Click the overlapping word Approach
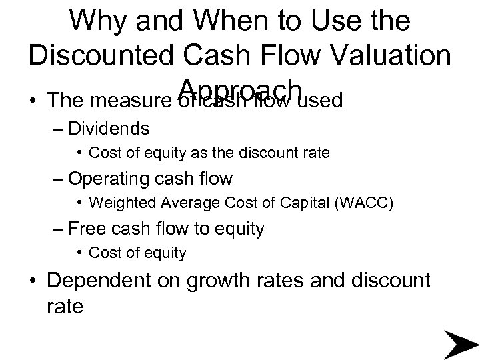tap(241, 87)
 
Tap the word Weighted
tap(117, 202)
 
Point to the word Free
tap(84, 229)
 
